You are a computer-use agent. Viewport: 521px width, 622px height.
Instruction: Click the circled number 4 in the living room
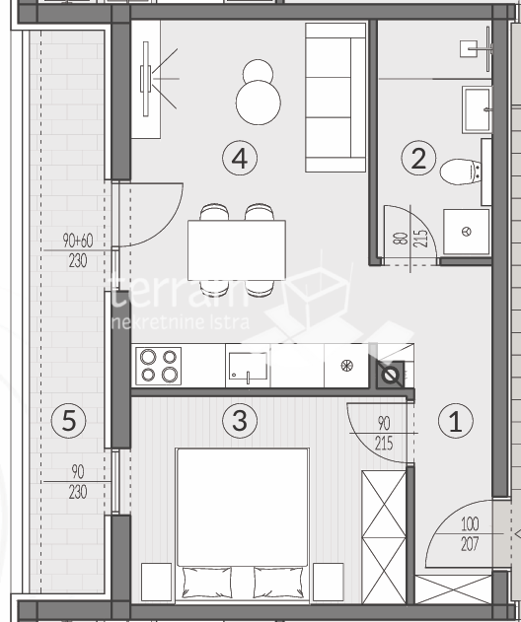point(240,156)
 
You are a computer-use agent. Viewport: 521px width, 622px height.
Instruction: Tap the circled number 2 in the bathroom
point(419,158)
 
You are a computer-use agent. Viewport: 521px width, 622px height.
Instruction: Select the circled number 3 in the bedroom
point(238,421)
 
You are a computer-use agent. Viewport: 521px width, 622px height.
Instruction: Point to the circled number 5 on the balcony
point(68,421)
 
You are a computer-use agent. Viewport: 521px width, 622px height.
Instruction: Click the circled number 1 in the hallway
point(455,422)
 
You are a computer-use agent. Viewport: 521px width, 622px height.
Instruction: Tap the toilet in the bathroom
point(461,172)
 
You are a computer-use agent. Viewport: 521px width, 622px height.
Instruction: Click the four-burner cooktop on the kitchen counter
point(158,366)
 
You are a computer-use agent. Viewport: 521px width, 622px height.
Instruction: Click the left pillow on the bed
point(208,583)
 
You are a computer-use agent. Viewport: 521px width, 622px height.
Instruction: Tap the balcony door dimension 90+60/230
point(76,250)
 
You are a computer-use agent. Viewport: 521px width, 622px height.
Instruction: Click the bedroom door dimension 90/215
point(384,434)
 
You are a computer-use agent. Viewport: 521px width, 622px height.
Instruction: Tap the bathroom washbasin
point(475,108)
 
